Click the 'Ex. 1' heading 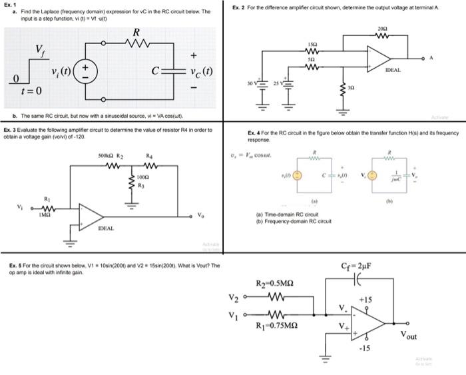9,5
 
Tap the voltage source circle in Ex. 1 91,70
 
